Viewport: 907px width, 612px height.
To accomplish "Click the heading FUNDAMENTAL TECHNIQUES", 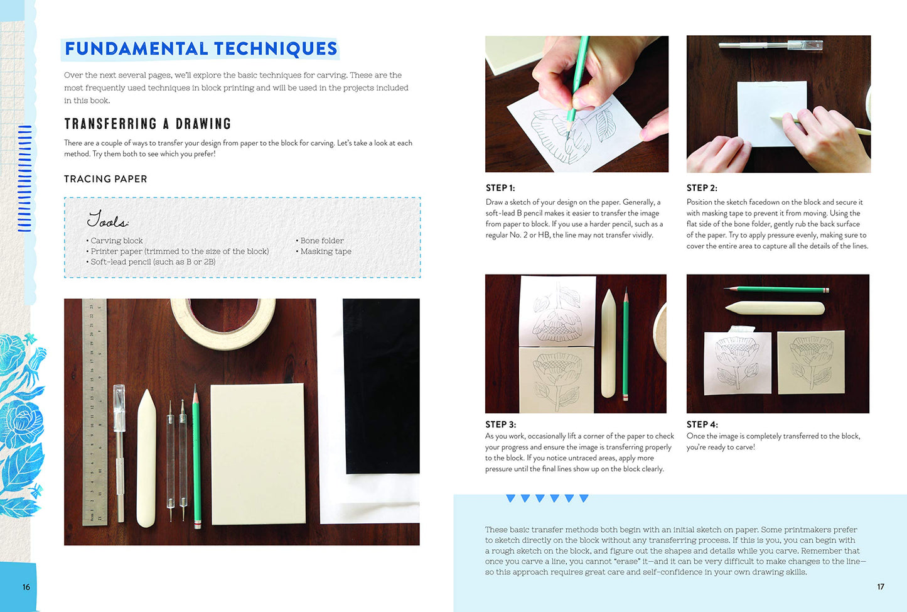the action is (201, 48).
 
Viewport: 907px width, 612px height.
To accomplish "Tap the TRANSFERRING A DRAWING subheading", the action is (148, 124).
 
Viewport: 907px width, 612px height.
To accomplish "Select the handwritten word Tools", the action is (108, 219).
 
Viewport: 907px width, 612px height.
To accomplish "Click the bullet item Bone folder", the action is (319, 241).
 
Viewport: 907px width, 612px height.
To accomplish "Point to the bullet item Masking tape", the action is (323, 251).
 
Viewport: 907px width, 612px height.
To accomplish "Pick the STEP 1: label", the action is (500, 188).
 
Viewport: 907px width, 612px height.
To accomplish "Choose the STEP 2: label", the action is (702, 188).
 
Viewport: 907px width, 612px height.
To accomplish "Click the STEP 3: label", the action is (500, 424).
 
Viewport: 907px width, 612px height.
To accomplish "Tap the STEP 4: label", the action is (702, 424).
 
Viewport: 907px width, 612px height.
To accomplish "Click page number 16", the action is (26, 587).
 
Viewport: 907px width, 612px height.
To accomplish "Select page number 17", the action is (881, 586).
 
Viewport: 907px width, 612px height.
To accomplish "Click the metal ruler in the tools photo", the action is (95, 412).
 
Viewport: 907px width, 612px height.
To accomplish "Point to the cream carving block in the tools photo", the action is (258, 454).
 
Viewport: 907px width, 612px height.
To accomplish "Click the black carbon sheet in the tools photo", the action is (381, 386).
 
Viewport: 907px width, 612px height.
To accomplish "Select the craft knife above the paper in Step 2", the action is (771, 45).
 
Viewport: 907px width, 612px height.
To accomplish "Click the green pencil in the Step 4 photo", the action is (776, 290).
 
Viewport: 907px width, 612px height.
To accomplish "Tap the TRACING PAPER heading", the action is (105, 179).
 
